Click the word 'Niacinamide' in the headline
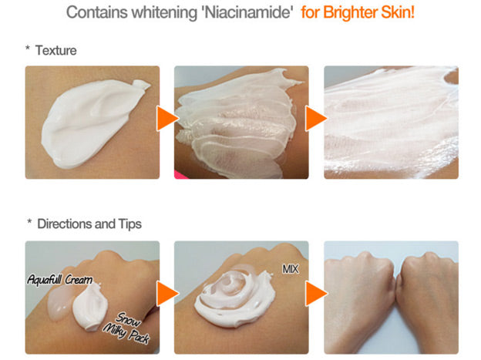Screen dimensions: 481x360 point(248,12)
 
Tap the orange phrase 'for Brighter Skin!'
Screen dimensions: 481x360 point(358,12)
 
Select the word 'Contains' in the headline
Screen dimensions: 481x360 point(97,12)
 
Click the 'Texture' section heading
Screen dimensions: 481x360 point(55,50)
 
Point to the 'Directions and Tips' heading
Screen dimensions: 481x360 point(89,224)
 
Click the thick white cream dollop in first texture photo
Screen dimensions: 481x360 point(92,123)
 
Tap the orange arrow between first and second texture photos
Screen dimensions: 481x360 point(167,119)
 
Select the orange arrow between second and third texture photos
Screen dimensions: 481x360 point(316,119)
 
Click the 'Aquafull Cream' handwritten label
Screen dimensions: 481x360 point(60,280)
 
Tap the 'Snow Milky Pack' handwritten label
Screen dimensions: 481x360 point(126,328)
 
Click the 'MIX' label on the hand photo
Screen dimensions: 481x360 point(290,269)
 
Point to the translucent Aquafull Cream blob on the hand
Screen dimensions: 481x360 point(60,302)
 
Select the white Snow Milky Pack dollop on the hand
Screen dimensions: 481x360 point(89,307)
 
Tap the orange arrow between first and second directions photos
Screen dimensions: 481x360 point(167,294)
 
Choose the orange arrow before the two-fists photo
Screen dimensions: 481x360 point(316,294)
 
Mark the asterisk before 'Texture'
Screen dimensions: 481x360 point(28,48)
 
